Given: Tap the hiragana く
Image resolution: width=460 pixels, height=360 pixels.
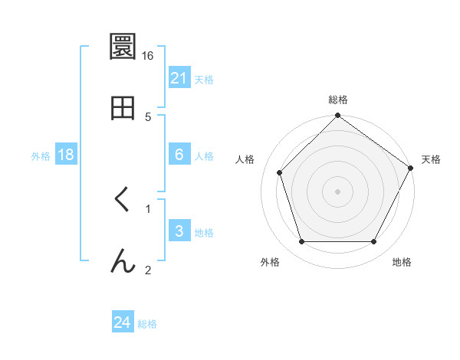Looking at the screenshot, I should pos(123,201).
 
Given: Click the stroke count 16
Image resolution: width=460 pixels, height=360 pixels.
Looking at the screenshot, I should pos(148,55).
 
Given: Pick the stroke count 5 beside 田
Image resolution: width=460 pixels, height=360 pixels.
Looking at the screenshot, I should pos(148,116).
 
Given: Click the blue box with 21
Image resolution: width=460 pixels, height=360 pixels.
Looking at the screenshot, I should pos(179,78).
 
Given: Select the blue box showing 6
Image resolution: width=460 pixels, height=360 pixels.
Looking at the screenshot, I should pos(179,155).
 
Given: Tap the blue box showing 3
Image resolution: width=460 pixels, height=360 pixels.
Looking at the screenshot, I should pos(179,231).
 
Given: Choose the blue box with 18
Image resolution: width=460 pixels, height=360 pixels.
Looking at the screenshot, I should pos(66,155).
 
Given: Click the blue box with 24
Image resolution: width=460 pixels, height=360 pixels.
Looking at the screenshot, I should pos(123,323).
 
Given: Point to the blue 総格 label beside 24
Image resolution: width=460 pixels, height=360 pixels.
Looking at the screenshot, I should pos(147,324).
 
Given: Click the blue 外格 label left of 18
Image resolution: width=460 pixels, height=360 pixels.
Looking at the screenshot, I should pos(41,155).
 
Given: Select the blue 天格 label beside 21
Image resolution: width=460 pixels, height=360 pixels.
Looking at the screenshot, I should pos(204,79).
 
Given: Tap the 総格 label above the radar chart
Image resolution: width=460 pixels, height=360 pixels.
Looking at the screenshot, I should pos(338,100).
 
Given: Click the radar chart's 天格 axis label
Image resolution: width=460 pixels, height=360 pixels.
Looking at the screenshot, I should pos(432,159).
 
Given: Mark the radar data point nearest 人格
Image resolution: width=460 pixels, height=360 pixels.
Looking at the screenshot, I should pos(280,172).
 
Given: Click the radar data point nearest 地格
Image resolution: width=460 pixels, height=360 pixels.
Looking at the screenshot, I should pos(374,242).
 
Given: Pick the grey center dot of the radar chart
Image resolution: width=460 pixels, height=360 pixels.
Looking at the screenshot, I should pos(338,191).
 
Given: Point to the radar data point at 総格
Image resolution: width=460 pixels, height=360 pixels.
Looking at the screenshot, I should pos(338,116).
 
